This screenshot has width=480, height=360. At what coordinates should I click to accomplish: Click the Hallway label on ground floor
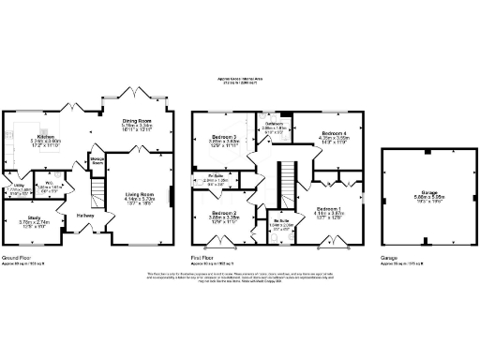(85, 215)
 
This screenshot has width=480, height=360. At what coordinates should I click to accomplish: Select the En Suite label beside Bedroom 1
(279, 221)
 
